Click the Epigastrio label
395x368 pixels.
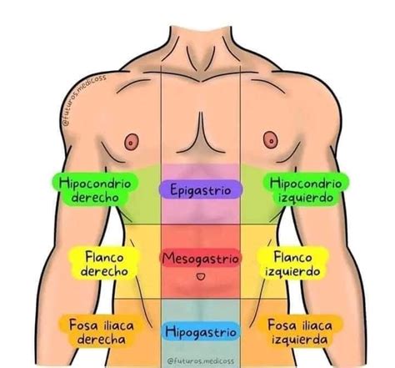pyautogui.click(x=201, y=189)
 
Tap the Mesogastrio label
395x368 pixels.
pyautogui.click(x=201, y=258)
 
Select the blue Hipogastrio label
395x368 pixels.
pyautogui.click(x=201, y=331)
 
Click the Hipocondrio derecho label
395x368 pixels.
pyautogui.click(x=95, y=189)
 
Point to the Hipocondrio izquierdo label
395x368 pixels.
pyautogui.click(x=306, y=189)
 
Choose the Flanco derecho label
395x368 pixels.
pyautogui.click(x=104, y=263)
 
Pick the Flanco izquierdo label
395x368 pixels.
pyautogui.click(x=292, y=263)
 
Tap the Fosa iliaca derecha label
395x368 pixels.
pyautogui.click(x=102, y=331)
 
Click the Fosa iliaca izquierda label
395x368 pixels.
pyautogui.click(x=300, y=331)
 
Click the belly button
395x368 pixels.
pyautogui.click(x=201, y=276)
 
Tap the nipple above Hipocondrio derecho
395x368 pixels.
pyautogui.click(x=132, y=142)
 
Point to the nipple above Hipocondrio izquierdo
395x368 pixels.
pyautogui.click(x=270, y=140)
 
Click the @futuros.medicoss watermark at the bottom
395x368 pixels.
pyautogui.click(x=201, y=361)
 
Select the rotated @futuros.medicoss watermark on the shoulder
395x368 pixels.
pyautogui.click(x=83, y=99)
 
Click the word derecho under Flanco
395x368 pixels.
pyautogui.click(x=104, y=270)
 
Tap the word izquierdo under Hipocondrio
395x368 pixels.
pyautogui.click(x=306, y=198)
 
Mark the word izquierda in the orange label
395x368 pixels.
pyautogui.click(x=299, y=339)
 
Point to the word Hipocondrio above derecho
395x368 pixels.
pyautogui.click(x=95, y=184)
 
